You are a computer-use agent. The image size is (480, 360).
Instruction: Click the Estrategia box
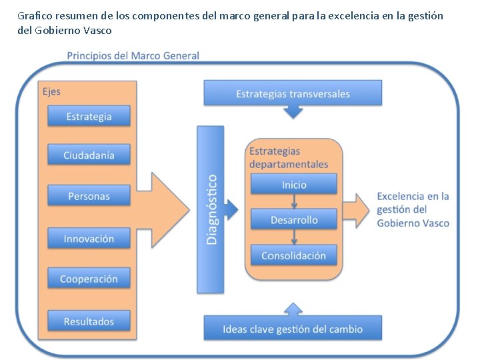click(89, 117)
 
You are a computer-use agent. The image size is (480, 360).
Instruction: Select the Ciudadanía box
click(89, 155)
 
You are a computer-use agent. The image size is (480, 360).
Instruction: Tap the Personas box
click(89, 196)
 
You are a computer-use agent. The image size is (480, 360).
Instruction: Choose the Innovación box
click(89, 239)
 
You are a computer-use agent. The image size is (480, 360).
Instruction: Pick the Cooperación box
click(89, 279)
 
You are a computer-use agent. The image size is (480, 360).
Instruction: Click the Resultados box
click(89, 321)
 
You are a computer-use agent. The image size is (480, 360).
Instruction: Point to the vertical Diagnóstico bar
click(211, 209)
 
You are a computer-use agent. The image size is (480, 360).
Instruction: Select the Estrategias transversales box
click(293, 94)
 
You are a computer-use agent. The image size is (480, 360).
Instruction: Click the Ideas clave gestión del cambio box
click(293, 329)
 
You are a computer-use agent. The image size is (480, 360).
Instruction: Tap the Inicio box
click(294, 185)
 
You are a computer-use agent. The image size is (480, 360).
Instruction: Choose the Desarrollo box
click(294, 220)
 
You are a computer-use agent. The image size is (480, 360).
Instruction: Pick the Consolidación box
click(294, 255)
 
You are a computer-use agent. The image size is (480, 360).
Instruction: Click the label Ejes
click(51, 91)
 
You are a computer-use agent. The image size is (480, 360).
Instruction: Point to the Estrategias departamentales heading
click(289, 158)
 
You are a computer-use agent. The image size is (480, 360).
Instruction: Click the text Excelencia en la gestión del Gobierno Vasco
click(413, 210)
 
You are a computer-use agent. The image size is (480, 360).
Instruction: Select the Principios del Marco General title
click(133, 55)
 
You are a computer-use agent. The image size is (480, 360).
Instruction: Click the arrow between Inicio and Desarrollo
click(294, 202)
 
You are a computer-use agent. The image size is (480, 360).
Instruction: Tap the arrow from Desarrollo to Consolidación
click(294, 237)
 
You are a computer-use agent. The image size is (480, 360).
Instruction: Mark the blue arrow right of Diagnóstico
click(231, 211)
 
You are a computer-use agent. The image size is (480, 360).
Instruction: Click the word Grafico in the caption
click(31, 15)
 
